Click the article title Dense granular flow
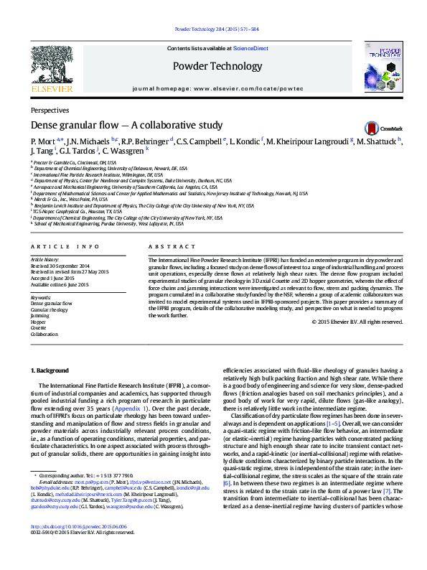click(x=126, y=125)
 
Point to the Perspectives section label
click(x=50, y=111)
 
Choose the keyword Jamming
click(x=40, y=315)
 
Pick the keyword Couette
click(x=39, y=328)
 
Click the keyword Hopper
click(x=39, y=322)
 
